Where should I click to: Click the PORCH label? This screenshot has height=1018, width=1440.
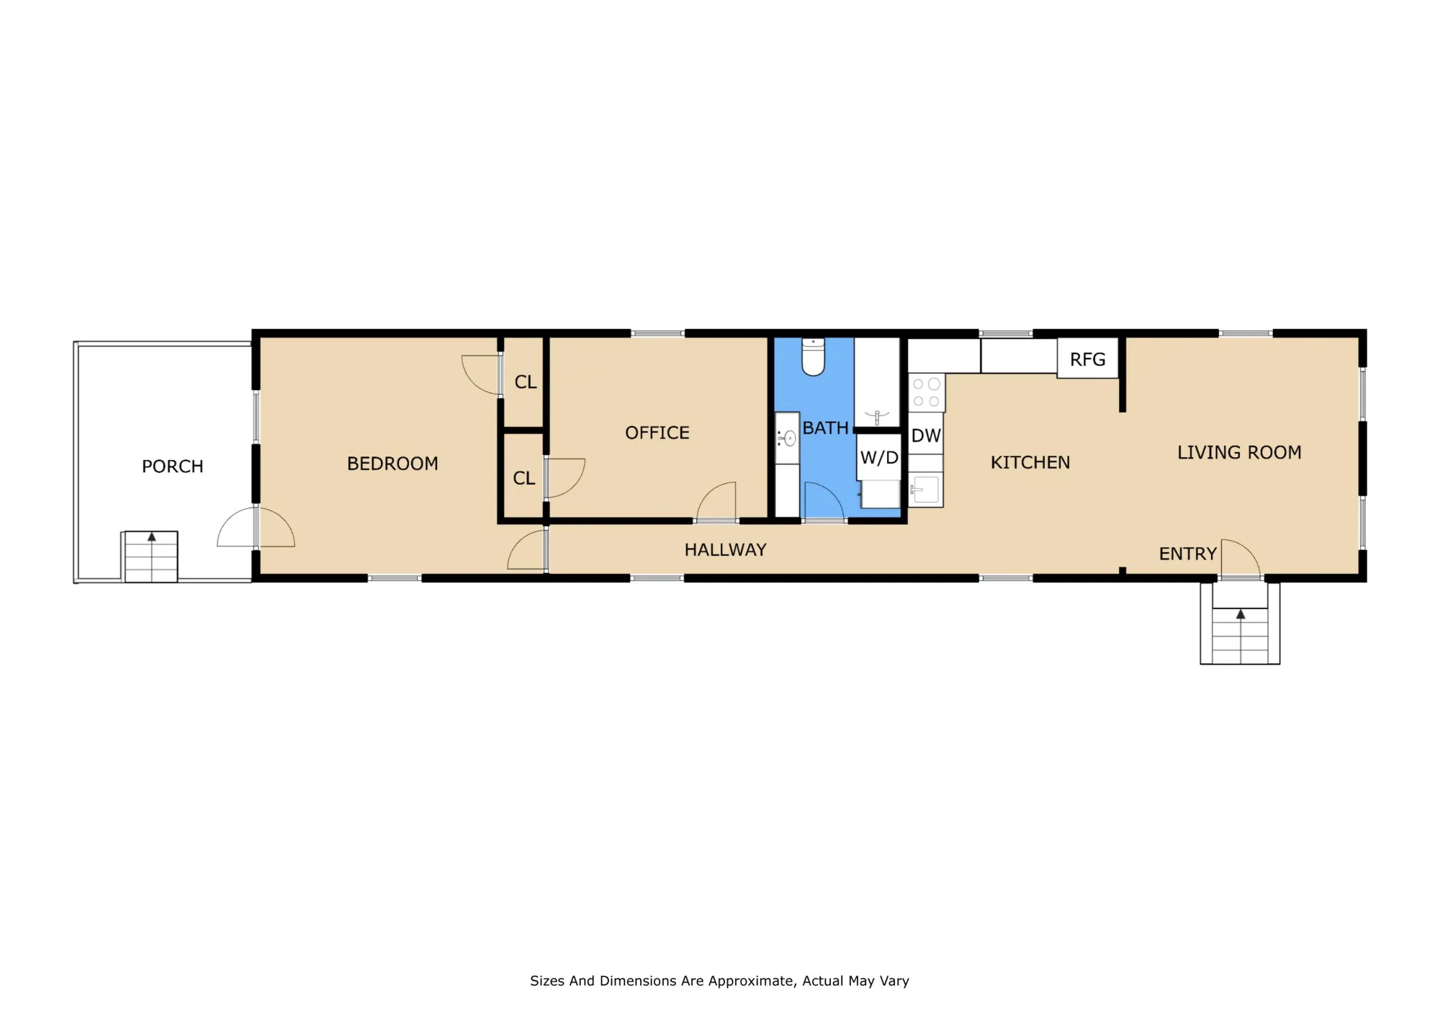[173, 467]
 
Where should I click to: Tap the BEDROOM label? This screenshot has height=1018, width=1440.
[392, 464]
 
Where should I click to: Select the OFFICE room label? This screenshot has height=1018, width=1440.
[657, 433]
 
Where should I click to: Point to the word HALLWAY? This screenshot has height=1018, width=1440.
[725, 550]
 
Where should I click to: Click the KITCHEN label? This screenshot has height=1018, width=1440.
[1030, 462]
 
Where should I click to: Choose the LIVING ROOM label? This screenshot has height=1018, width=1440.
[1239, 452]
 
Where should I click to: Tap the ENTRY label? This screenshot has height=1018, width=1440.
[1187, 554]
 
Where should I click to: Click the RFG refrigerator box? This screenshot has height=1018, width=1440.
[1087, 358]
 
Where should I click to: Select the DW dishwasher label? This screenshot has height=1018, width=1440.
[926, 436]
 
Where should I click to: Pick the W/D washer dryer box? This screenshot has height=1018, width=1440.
[879, 457]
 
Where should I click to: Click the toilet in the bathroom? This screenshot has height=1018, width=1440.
[813, 356]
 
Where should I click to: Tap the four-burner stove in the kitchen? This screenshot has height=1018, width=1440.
[927, 392]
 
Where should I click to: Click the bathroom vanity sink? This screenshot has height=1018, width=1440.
[787, 438]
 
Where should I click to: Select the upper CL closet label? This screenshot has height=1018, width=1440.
[526, 382]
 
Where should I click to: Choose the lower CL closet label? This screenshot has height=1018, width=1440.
[524, 478]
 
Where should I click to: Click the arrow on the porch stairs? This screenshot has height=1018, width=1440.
[151, 537]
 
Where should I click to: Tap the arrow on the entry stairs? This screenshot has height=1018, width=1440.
[1240, 614]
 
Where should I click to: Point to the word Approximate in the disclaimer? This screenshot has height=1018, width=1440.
[752, 981]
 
